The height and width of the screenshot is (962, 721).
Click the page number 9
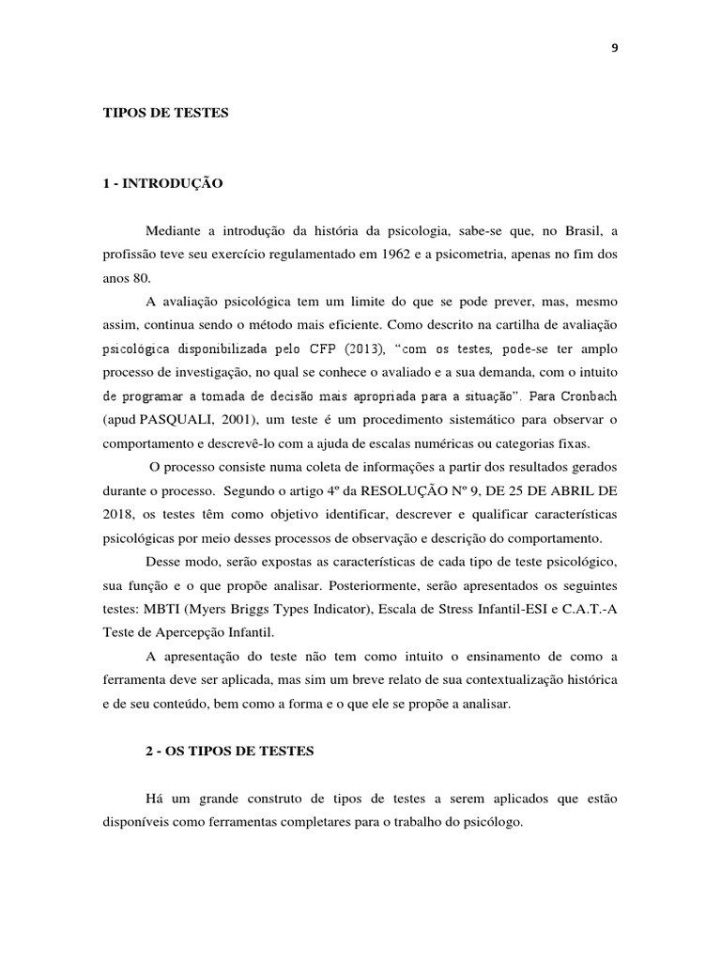615,49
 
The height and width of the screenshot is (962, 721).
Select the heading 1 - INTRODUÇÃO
162,184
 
